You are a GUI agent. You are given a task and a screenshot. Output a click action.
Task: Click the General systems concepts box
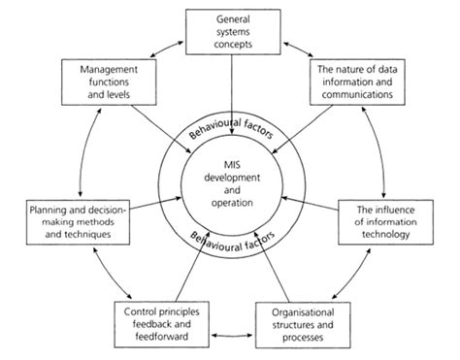[x=230, y=30]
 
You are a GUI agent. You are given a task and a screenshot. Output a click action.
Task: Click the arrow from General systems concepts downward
[x=230, y=97]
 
